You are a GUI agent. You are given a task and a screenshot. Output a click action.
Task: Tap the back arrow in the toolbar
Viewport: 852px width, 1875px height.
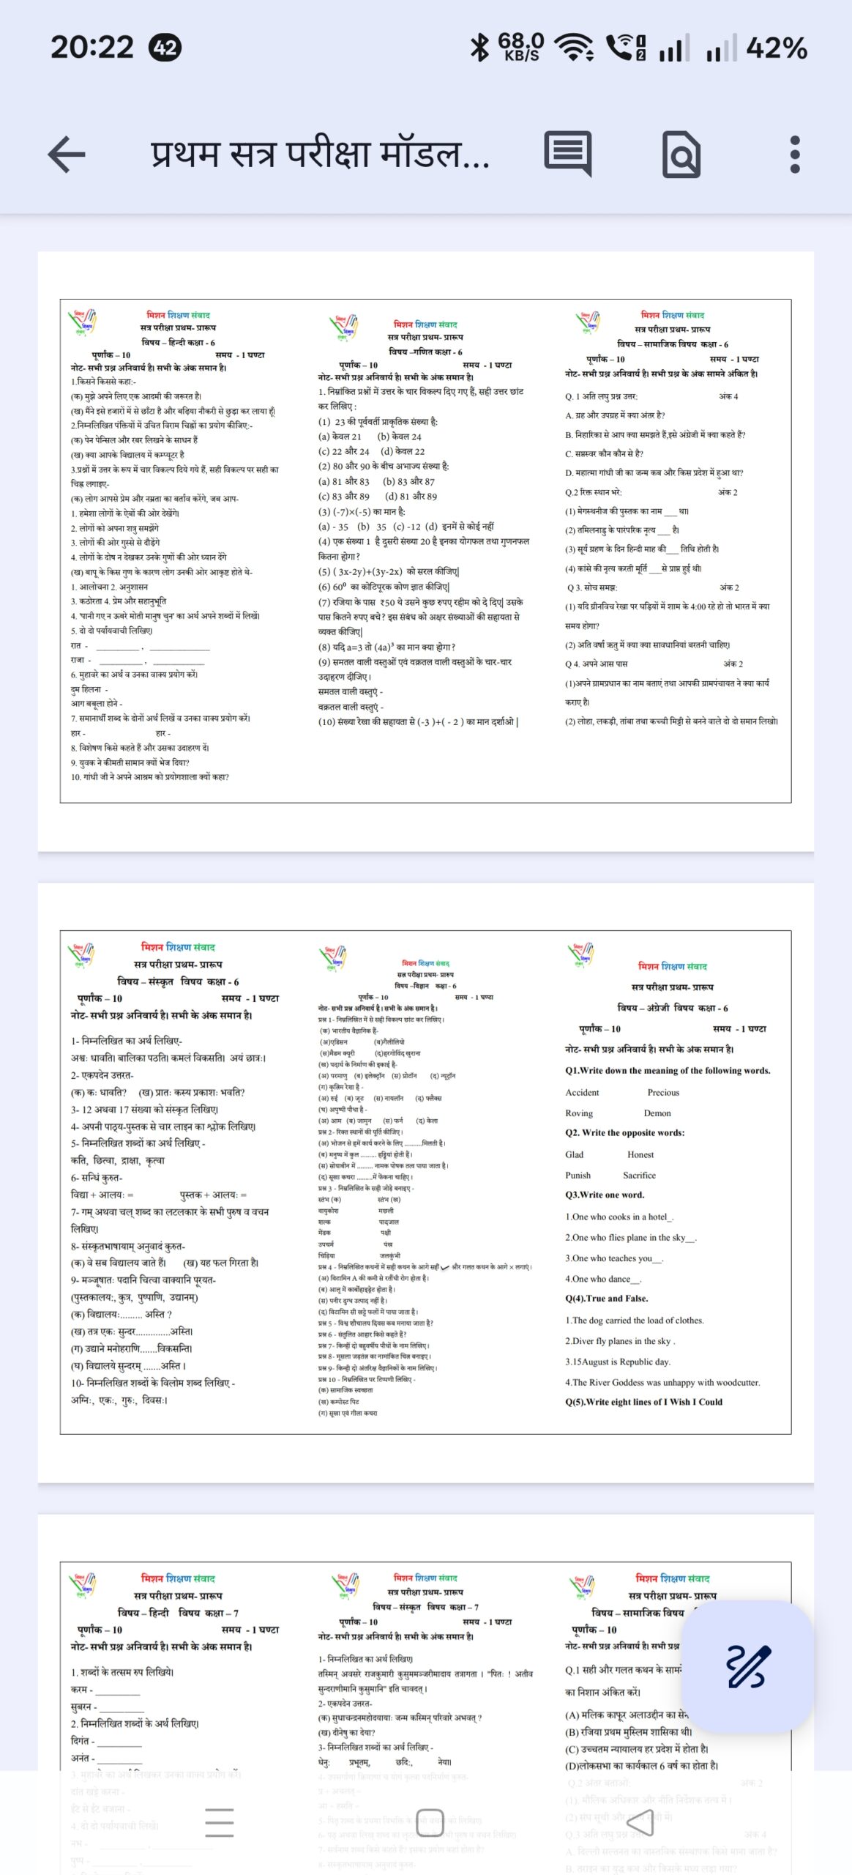click(x=67, y=155)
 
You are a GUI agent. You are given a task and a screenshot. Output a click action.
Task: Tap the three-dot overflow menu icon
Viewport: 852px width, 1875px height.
click(x=795, y=155)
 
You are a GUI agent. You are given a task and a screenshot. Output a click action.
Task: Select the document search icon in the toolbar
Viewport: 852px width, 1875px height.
click(x=681, y=155)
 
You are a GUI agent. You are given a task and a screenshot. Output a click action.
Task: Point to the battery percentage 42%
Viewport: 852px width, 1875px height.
click(x=776, y=49)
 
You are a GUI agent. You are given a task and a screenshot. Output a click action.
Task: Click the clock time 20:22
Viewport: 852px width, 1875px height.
click(x=92, y=48)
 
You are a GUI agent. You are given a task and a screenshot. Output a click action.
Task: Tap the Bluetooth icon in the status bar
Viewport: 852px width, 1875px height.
click(x=479, y=48)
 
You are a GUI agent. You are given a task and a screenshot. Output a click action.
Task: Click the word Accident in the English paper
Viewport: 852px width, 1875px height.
click(x=582, y=1092)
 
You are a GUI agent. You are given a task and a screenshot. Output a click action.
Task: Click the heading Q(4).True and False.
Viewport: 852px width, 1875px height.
click(x=606, y=1298)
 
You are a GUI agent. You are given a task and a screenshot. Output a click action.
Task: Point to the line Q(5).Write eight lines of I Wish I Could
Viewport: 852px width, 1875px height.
click(x=643, y=1401)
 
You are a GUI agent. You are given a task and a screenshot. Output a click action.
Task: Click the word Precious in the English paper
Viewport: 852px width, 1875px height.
click(x=663, y=1092)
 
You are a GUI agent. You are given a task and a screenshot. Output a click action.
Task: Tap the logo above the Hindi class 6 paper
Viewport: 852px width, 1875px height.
click(x=83, y=322)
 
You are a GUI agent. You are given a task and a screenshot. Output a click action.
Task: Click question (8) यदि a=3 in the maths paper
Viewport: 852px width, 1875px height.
click(x=386, y=647)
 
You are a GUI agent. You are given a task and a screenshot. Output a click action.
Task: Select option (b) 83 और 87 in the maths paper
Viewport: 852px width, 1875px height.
click(x=408, y=481)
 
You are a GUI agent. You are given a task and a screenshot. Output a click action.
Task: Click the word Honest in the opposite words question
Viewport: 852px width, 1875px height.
click(x=640, y=1154)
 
